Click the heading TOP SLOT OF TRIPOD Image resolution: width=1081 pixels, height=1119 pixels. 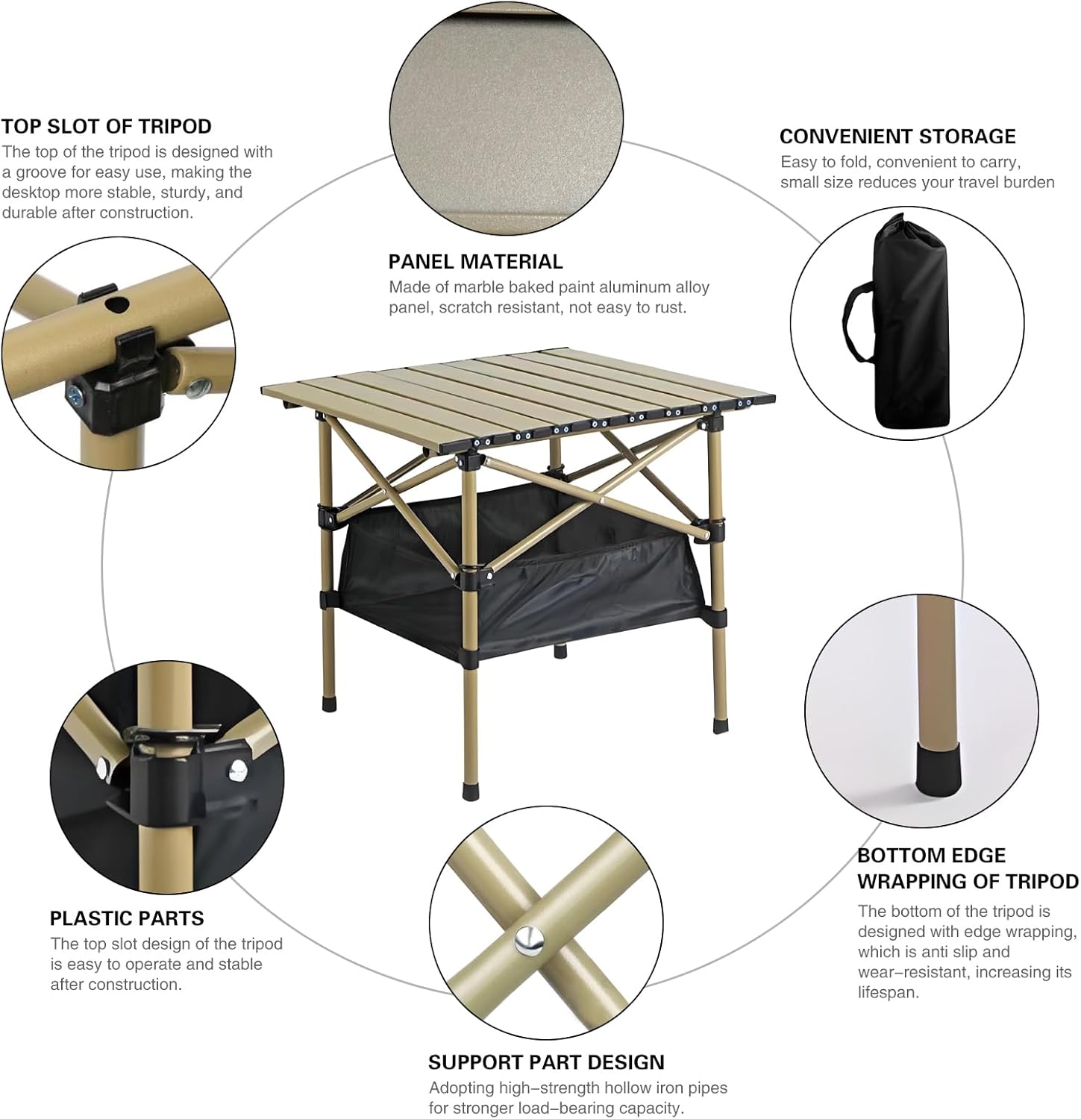point(107,126)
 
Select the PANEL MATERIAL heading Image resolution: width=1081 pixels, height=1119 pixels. point(475,262)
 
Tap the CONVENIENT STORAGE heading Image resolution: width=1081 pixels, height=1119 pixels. point(897,137)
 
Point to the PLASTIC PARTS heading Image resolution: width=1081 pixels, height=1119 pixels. point(127,918)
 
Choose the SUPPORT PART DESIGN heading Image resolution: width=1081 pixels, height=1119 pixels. point(546,1062)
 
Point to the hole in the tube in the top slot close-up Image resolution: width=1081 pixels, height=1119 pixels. point(116,304)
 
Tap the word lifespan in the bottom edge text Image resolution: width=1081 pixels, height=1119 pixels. point(888,993)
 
